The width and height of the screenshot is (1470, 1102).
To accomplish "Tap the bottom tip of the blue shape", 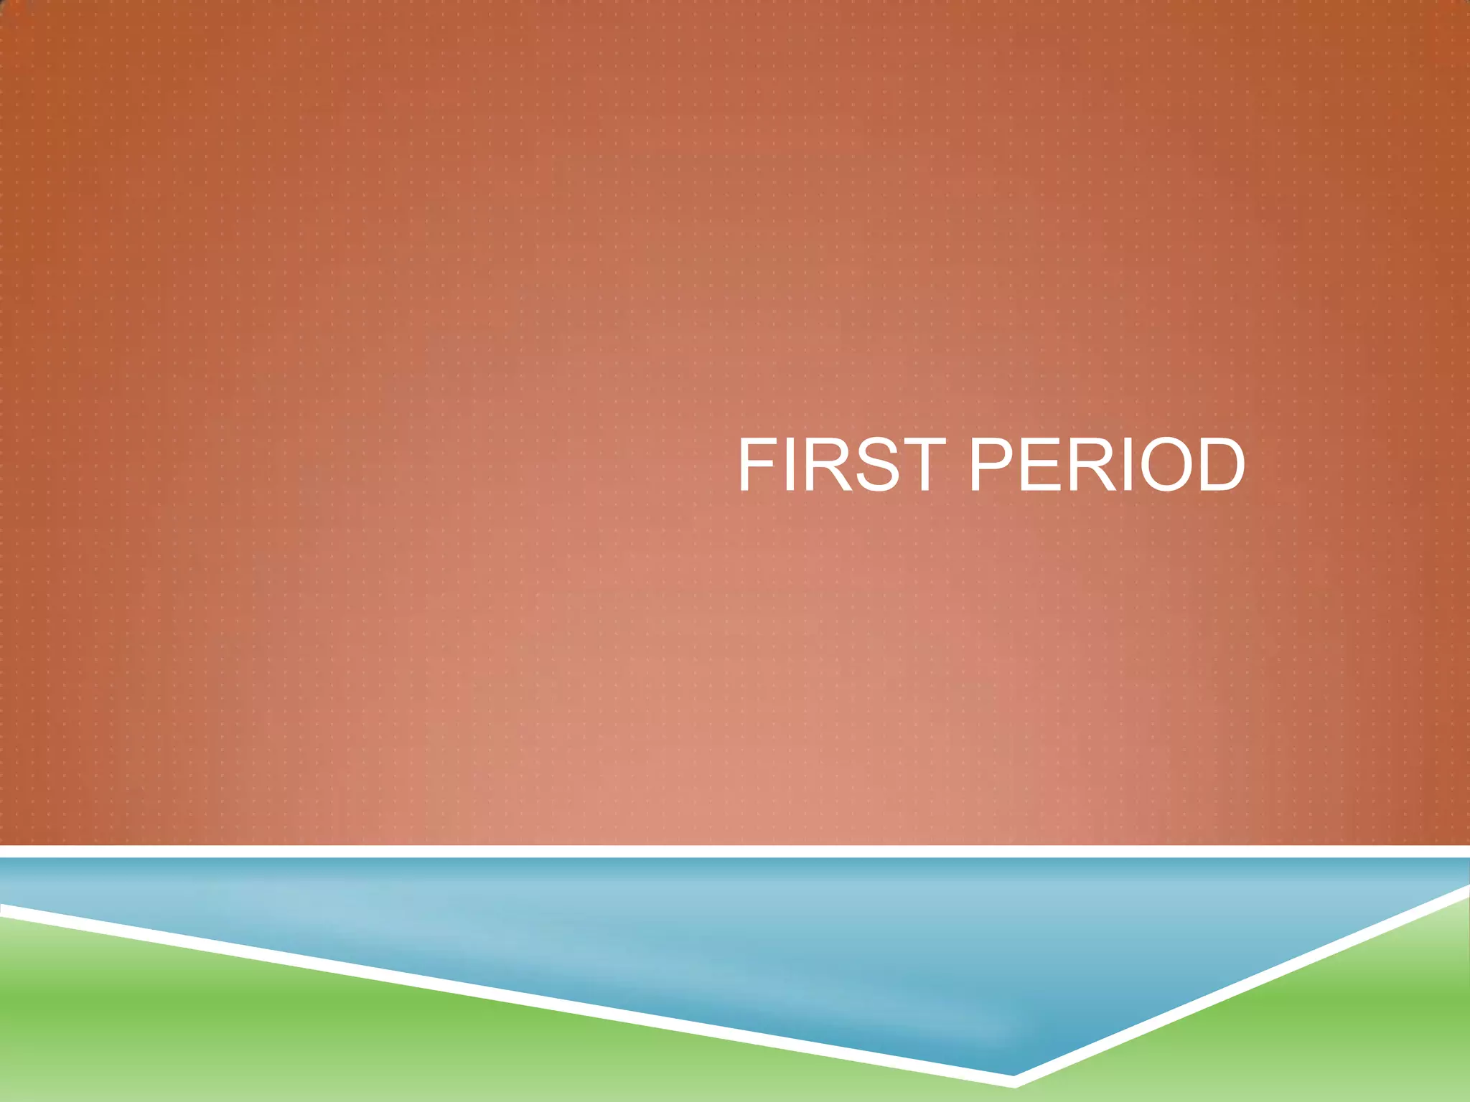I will click(1012, 1070).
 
